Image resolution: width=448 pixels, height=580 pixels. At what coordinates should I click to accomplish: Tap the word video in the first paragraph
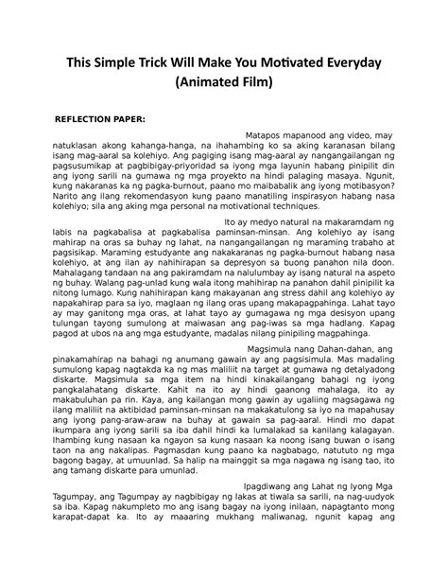coord(344,135)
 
